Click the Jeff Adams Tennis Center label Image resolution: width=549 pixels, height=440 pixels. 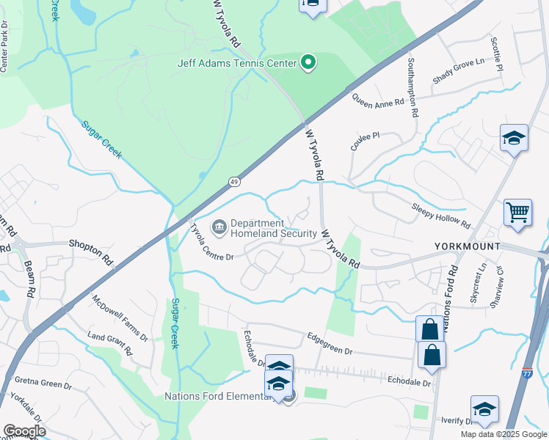236,62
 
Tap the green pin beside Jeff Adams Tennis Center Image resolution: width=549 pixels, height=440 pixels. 308,62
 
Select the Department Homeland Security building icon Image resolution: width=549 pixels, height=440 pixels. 219,228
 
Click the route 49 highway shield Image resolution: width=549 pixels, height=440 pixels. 233,180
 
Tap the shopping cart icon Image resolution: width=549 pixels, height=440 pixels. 517,213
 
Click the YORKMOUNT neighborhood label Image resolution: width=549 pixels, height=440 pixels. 468,246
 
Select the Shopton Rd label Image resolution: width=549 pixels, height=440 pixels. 91,249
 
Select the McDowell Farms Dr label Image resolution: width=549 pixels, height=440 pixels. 120,318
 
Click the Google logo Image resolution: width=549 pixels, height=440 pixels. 23,431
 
